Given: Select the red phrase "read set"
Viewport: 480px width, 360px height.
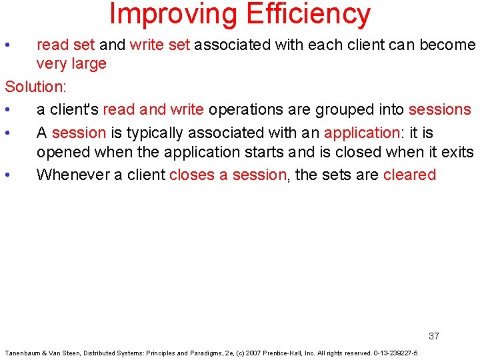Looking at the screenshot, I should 66,45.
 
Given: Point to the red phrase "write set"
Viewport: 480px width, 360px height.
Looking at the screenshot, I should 160,45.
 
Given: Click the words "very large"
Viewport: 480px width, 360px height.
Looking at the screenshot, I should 71,64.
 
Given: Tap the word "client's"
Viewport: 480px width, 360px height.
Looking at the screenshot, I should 74,109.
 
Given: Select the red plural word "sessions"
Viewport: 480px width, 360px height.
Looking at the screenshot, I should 439,109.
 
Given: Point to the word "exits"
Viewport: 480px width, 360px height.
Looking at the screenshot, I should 457,152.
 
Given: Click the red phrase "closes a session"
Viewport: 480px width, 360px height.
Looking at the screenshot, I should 227,175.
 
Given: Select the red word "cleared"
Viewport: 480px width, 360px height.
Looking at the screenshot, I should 409,175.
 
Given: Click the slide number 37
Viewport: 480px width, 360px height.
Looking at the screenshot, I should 434,336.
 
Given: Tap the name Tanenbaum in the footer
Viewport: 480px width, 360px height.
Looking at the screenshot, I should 23,353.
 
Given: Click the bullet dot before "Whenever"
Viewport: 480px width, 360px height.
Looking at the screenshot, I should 7,175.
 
